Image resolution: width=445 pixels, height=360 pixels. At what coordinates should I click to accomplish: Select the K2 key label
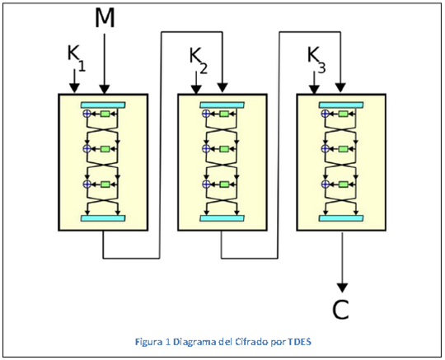point(197,57)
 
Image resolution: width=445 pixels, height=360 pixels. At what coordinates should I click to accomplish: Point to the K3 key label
point(316,56)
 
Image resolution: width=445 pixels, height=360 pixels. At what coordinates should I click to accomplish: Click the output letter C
point(340,309)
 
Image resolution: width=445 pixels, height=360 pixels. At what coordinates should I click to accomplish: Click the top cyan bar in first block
point(103,104)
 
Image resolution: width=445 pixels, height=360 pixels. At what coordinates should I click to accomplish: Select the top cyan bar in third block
point(340,104)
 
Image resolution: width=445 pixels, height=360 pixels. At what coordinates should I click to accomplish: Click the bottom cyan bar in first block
point(103,217)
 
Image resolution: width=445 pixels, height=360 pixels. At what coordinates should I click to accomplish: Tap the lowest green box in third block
point(342,184)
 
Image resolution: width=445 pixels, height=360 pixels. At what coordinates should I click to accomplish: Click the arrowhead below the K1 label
point(74,88)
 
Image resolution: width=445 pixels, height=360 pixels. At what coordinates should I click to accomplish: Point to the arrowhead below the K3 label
point(315,88)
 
